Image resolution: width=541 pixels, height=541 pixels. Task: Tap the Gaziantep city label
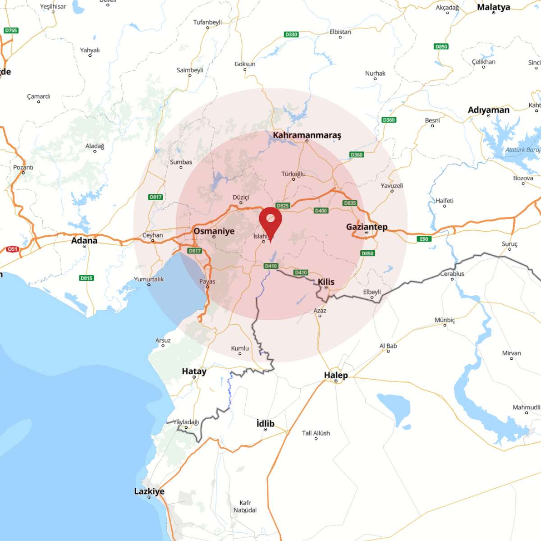pyautogui.click(x=367, y=227)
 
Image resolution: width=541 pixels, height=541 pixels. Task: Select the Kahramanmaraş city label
pyautogui.click(x=307, y=135)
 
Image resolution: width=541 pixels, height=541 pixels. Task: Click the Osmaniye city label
pyautogui.click(x=214, y=231)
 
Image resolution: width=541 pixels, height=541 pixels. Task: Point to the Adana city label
pyautogui.click(x=84, y=240)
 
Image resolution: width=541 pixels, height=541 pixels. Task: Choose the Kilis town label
pyautogui.click(x=326, y=282)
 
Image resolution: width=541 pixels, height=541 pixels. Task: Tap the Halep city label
pyautogui.click(x=336, y=375)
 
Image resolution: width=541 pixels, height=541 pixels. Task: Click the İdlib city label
pyautogui.click(x=265, y=423)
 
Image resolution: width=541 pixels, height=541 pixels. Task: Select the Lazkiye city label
pyautogui.click(x=149, y=491)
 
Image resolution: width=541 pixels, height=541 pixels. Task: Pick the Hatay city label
pyautogui.click(x=194, y=371)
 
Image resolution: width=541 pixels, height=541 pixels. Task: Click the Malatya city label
pyautogui.click(x=493, y=7)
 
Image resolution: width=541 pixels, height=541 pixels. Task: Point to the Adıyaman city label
pyautogui.click(x=489, y=110)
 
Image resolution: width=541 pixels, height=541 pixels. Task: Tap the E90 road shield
pyautogui.click(x=424, y=239)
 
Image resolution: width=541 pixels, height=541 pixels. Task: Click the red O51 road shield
pyautogui.click(x=13, y=249)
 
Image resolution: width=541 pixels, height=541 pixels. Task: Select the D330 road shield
pyautogui.click(x=291, y=34)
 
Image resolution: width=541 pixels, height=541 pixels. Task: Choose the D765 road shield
pyautogui.click(x=11, y=31)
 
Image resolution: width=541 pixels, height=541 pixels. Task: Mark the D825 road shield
pyautogui.click(x=283, y=206)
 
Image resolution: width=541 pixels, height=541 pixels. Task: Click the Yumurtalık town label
pyautogui.click(x=149, y=279)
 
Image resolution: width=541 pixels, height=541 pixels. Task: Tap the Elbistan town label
pyautogui.click(x=340, y=32)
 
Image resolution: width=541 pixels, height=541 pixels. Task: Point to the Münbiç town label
pyautogui.click(x=445, y=320)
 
